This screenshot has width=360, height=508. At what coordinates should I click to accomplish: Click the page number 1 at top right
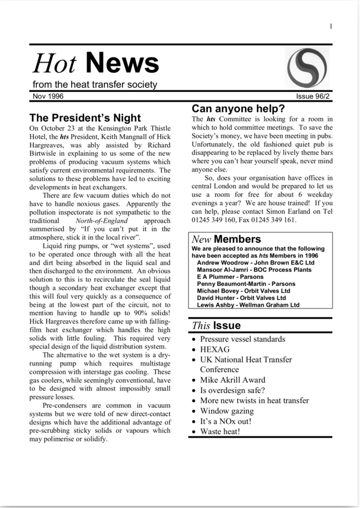(331, 26)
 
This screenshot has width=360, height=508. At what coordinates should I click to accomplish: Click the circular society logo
(308, 67)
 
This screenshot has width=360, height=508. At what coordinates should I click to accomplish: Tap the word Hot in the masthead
(54, 64)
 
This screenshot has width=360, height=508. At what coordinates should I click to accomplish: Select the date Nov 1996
(48, 96)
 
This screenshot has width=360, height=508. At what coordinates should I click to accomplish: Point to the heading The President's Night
(85, 118)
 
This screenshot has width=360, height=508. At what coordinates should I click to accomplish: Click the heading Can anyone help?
(238, 108)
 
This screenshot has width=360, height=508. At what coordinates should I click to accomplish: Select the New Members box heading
(226, 239)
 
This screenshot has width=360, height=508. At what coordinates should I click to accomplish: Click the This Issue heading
(216, 325)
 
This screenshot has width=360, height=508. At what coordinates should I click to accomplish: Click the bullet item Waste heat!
(220, 431)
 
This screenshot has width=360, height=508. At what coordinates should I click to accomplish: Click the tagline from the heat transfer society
(95, 85)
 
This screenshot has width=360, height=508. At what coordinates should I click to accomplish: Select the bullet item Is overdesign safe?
(232, 390)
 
